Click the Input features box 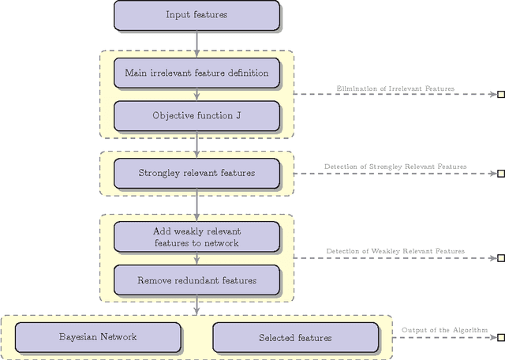196,15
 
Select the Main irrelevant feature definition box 196,73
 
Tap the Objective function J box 196,115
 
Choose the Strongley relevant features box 196,173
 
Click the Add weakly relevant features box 196,237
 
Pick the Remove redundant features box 196,280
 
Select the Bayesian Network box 98,337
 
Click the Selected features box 295,337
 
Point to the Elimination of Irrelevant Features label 395,88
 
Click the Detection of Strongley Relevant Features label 395,167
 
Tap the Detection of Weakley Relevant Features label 395,251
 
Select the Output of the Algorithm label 444,330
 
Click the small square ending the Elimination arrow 500,95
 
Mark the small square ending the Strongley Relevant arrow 500,174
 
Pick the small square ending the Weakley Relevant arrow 500,257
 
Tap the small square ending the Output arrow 500,337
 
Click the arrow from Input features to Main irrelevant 196,43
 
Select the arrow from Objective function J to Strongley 196,144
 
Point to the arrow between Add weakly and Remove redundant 196,259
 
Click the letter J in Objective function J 238,115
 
